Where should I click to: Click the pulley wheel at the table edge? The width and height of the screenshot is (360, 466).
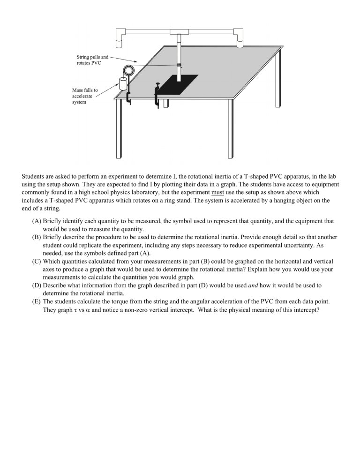(x=128, y=71)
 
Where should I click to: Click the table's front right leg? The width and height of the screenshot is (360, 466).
(x=231, y=129)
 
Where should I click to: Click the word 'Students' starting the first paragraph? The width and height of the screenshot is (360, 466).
(x=34, y=176)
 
